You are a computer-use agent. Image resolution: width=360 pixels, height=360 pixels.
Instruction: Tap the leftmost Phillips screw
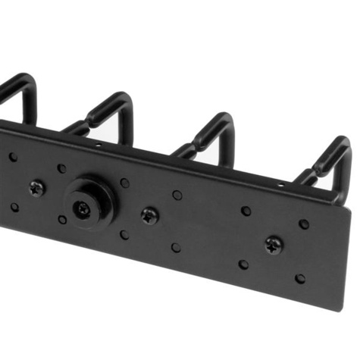36,186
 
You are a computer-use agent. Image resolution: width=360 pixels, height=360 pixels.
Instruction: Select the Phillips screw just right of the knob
149,214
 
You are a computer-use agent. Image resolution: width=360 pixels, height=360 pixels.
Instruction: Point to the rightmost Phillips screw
273,244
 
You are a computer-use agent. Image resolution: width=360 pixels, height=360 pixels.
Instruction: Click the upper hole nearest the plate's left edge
13,158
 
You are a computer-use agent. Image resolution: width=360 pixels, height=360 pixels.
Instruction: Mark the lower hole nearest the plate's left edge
14,207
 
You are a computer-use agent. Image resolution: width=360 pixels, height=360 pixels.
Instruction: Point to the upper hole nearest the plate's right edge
303,224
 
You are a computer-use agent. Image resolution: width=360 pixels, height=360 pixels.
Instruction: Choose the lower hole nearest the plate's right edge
300,278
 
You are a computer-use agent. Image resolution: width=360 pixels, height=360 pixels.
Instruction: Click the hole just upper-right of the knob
124,183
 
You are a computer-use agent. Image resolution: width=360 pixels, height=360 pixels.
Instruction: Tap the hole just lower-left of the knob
62,219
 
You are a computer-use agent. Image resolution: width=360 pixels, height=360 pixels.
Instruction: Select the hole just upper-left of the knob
61,168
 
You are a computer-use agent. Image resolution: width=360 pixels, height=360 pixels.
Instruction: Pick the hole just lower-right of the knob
124,234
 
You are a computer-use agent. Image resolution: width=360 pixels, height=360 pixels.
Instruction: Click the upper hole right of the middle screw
177,195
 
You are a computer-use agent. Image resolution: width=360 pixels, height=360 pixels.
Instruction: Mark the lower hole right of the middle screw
176,247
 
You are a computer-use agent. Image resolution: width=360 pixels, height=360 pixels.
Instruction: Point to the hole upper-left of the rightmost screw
246,211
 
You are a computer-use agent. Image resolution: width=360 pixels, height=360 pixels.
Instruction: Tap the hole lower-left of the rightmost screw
243,265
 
